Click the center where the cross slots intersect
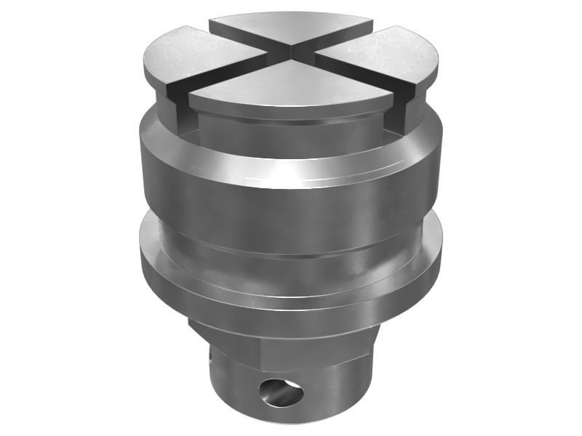coord(291,52)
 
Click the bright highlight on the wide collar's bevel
coord(291,174)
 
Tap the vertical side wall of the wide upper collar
coord(291,211)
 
